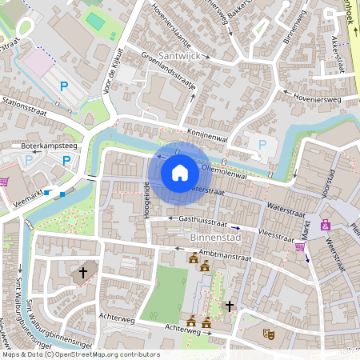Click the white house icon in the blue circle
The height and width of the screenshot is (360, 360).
point(180,173)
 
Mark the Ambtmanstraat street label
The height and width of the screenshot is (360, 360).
point(226,256)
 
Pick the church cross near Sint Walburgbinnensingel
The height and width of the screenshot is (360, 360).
point(83,274)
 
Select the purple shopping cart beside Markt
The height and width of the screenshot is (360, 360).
point(300,246)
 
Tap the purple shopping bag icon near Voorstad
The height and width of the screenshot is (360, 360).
point(326,225)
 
